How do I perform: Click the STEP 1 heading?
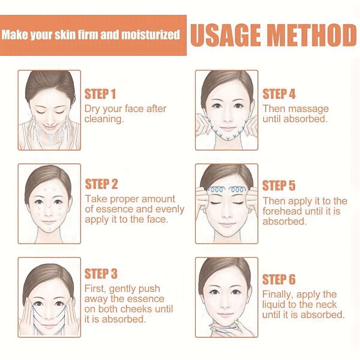(100, 94)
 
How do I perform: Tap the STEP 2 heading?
(101, 184)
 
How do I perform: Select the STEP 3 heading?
(101, 274)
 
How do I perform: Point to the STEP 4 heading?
(279, 94)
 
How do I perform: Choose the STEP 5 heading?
(279, 185)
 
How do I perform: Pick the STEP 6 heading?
(279, 280)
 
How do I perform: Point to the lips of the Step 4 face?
(227, 128)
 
